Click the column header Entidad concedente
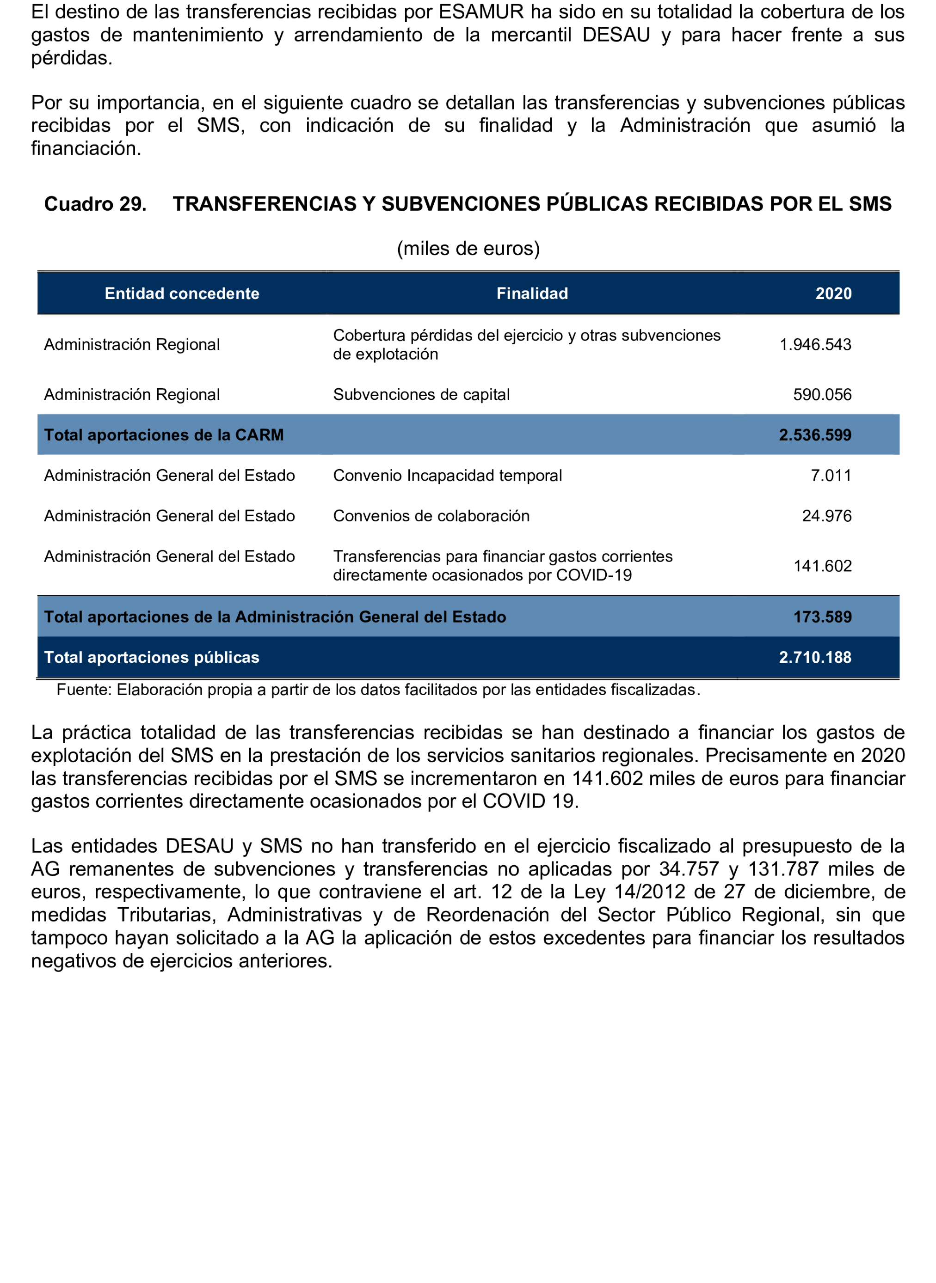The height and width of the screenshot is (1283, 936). [x=182, y=293]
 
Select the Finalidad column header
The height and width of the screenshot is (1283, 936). [x=532, y=293]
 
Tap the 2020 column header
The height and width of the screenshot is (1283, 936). [x=833, y=293]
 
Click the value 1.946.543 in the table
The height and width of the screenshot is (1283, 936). [x=815, y=344]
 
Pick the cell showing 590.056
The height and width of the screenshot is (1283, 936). [x=822, y=395]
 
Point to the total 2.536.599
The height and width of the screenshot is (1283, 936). [x=815, y=435]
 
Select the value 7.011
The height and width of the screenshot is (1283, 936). [x=831, y=475]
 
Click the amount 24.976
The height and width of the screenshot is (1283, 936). [x=827, y=516]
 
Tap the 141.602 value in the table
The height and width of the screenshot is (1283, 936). [x=823, y=566]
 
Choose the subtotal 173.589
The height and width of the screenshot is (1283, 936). [x=822, y=617]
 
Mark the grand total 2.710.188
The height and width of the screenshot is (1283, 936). [x=815, y=657]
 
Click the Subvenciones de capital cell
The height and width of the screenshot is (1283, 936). [x=422, y=395]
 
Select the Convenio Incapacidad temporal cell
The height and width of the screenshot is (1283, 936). [x=448, y=475]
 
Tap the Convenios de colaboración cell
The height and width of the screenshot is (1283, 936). [x=431, y=516]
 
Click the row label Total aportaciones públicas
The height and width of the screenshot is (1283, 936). [x=152, y=657]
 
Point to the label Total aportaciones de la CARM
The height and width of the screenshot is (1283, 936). [x=164, y=435]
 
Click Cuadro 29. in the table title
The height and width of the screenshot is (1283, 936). [x=95, y=204]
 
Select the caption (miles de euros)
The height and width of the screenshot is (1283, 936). [x=468, y=248]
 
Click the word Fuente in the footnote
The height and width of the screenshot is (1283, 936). [x=84, y=690]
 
